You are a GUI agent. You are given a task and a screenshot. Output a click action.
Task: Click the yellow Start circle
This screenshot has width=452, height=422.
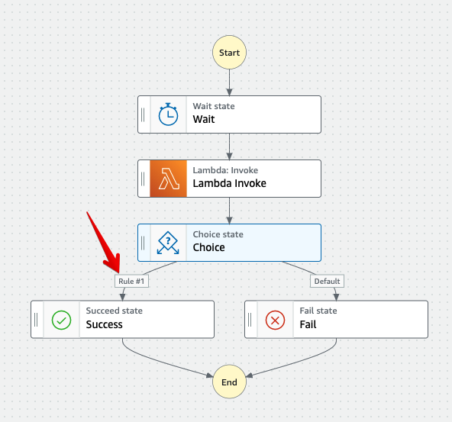coord(229,53)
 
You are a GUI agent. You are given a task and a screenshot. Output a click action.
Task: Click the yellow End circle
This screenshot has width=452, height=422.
coord(229,382)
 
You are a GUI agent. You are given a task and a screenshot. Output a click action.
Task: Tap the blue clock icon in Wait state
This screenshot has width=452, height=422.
coord(168,114)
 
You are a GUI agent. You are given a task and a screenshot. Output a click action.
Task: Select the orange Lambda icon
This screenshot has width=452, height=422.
coord(168,179)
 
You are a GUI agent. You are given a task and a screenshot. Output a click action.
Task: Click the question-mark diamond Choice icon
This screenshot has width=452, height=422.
coord(168,243)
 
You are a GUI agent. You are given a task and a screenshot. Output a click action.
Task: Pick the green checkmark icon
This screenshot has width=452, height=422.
coord(61,319)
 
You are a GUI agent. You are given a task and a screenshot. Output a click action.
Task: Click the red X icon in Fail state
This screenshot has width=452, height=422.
coord(275,319)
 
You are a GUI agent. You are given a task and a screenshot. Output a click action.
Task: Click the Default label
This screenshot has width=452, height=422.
coord(326,281)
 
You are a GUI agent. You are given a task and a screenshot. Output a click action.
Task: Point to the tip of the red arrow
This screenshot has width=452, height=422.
coord(118,272)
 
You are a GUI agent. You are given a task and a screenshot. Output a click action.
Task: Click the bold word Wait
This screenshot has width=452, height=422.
coord(204,120)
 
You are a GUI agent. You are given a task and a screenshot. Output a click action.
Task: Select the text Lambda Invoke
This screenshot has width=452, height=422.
coord(229,184)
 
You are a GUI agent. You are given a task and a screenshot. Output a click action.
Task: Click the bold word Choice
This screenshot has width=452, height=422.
coord(208,248)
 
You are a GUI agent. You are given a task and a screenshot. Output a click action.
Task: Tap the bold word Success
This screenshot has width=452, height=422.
coord(104,324)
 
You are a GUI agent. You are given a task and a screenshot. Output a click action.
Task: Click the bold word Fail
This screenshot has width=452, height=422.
coord(308,324)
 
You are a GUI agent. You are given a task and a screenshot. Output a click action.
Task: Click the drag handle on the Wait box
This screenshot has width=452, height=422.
coord(143,114)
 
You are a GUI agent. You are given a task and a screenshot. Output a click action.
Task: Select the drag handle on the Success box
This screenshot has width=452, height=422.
coord(36,319)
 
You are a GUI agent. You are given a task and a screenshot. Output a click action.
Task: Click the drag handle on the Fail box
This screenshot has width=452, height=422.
coord(250,319)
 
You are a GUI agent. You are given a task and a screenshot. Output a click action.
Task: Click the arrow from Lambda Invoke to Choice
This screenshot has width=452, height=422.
coord(229,211)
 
